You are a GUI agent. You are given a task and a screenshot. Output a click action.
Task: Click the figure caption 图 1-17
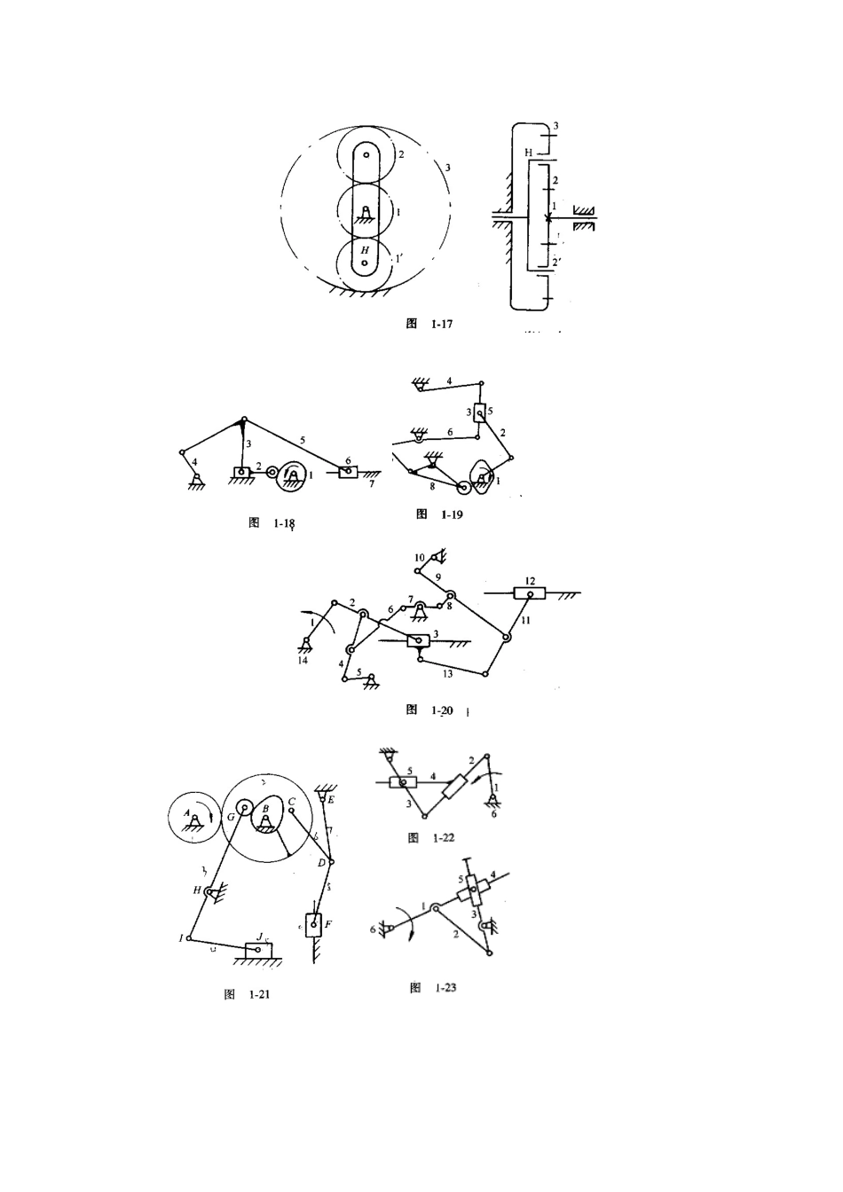click(429, 325)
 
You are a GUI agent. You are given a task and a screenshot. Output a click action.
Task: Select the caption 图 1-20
click(429, 710)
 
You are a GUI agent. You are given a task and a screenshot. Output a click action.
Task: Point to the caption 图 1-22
click(430, 838)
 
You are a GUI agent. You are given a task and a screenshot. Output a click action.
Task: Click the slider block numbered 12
click(531, 594)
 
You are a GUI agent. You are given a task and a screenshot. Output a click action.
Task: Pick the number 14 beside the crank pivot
click(303, 661)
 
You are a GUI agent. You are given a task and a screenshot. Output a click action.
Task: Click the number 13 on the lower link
click(447, 674)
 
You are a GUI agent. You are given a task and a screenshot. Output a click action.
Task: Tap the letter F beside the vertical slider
click(328, 924)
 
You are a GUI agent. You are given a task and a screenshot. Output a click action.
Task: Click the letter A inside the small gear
click(186, 812)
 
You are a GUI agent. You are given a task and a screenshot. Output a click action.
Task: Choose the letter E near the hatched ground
click(331, 800)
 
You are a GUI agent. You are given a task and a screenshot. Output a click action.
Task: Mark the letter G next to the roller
click(231, 815)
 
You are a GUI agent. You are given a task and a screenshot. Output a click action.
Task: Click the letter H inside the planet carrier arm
click(364, 251)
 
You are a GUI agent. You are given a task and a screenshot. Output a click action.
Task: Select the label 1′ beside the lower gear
click(400, 259)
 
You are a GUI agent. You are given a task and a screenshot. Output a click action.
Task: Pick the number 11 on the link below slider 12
click(525, 621)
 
